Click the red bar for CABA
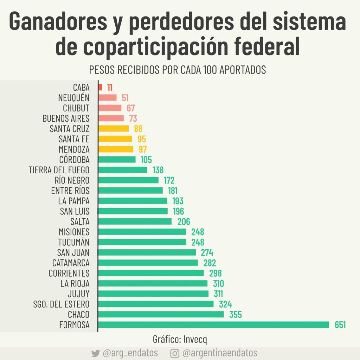[101, 87]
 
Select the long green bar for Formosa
[214, 324]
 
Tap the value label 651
[340, 325]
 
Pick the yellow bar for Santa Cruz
[114, 128]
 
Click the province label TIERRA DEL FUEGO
[59, 170]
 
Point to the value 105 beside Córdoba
[146, 160]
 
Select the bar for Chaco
[161, 314]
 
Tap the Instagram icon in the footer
[175, 353]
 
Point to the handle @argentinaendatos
[220, 353]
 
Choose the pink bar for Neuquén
[107, 97]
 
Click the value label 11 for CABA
[110, 88]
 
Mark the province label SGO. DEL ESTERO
[62, 304]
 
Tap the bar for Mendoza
[116, 149]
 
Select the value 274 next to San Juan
[207, 253]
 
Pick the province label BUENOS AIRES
[66, 118]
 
